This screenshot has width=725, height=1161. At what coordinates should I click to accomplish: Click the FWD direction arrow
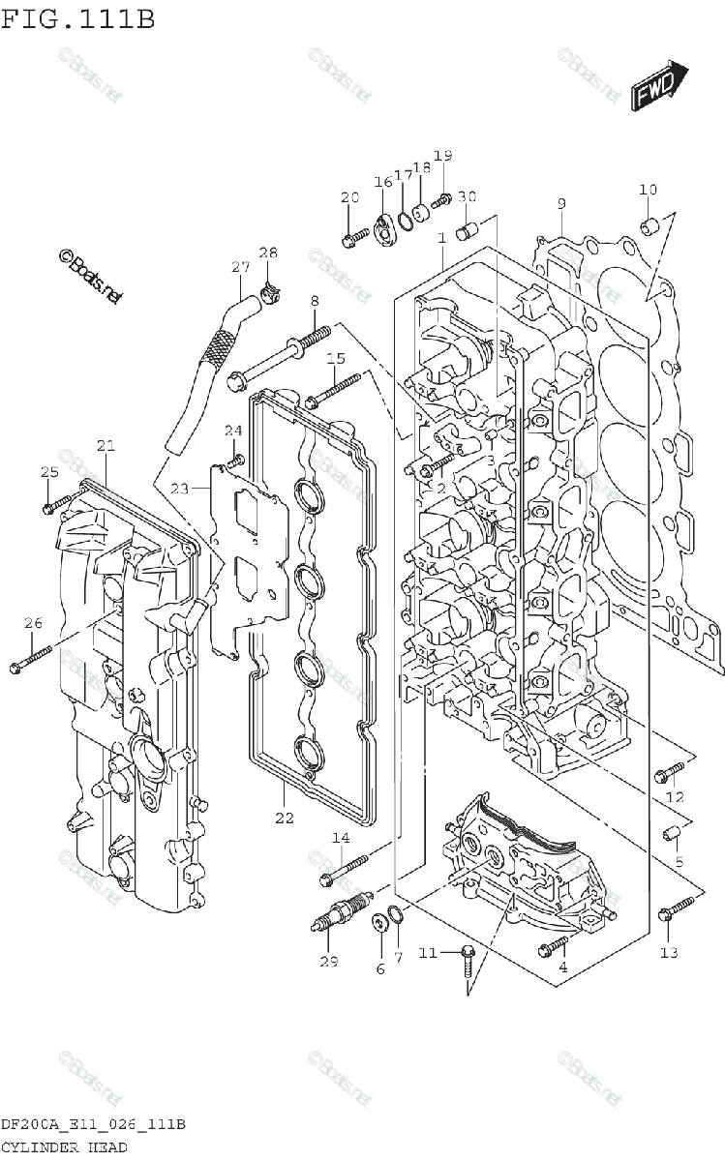[660, 86]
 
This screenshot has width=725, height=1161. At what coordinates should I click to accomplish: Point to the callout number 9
[560, 203]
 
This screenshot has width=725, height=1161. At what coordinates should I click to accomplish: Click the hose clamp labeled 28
[272, 289]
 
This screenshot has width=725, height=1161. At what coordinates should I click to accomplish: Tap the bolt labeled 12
[670, 771]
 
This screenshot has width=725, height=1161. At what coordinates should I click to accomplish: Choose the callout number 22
[284, 819]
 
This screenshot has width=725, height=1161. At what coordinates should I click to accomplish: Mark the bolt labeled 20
[353, 233]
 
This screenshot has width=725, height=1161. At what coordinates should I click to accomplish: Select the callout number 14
[341, 838]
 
